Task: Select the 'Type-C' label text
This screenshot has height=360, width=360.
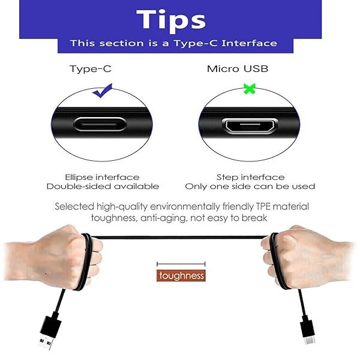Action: point(90,68)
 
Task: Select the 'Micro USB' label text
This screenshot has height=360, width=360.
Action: point(238,68)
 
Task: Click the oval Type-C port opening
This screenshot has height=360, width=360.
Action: point(100,125)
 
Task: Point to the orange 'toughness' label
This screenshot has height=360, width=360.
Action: point(181,276)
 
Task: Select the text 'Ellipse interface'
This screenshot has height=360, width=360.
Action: point(102,177)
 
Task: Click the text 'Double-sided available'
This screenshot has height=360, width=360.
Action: point(103,187)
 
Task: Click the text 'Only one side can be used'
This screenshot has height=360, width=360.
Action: point(250,187)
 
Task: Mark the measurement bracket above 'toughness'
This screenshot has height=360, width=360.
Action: point(181,263)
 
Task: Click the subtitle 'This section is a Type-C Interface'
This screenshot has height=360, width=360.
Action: point(173,43)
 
